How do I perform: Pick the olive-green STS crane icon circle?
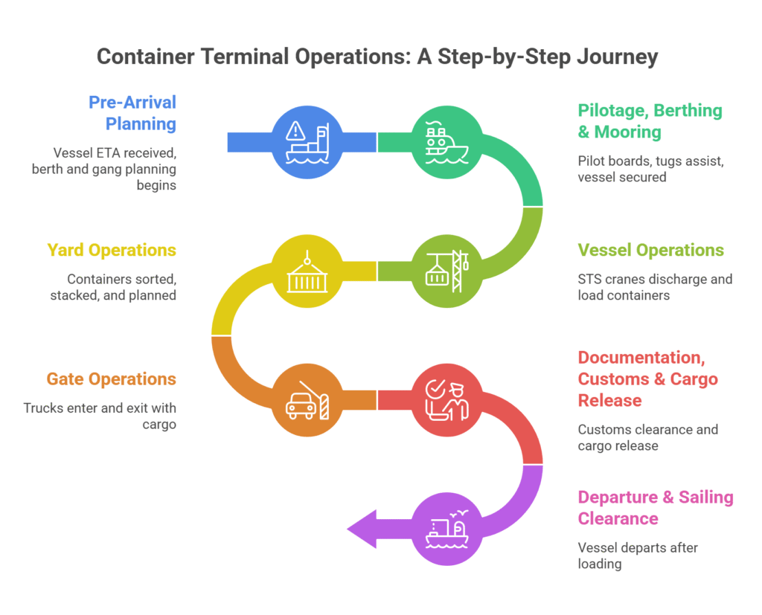(446, 271)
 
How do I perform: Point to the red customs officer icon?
(446, 400)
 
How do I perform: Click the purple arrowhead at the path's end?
(362, 529)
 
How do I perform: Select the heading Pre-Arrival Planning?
(132, 112)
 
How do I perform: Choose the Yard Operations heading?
(112, 250)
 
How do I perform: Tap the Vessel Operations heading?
(650, 250)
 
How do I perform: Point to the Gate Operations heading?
(111, 379)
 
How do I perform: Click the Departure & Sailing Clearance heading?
(655, 508)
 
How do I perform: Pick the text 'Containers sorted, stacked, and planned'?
(121, 287)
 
